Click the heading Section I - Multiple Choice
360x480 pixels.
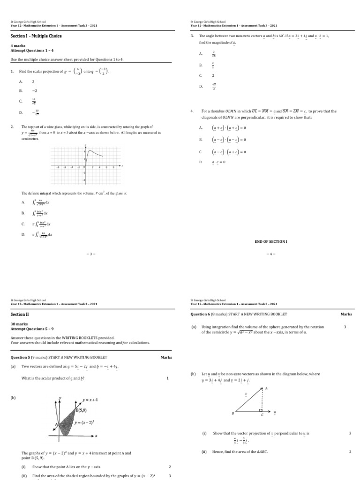pyautogui.click(x=36, y=36)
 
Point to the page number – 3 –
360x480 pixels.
pyautogui.click(x=90, y=254)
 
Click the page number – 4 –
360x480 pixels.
pyautogui.click(x=270, y=254)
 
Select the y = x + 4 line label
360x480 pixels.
pyautogui.click(x=90, y=400)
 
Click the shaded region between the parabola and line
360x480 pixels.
pyautogui.click(x=70, y=422)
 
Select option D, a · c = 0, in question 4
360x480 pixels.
pyautogui.click(x=218, y=162)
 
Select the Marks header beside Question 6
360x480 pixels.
pyautogui.click(x=346, y=314)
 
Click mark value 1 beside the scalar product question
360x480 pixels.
pyautogui.click(x=167, y=378)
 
